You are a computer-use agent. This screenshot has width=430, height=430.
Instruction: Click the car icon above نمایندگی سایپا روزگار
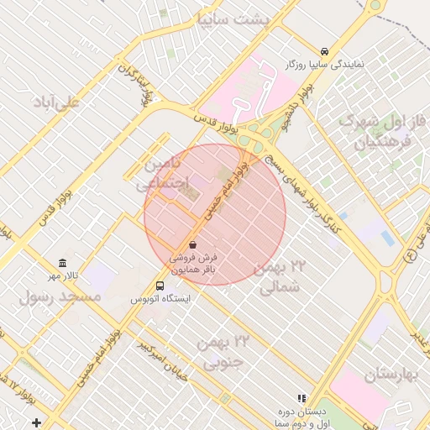click(324, 50)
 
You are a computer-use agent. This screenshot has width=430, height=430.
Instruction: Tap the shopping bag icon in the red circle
click(194, 244)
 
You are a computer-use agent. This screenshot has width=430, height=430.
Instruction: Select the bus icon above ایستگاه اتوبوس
click(160, 285)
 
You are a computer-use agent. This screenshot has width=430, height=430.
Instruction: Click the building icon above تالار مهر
click(62, 263)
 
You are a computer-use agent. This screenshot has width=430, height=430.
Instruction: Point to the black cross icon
click(34, 420)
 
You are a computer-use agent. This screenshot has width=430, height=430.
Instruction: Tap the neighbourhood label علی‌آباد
click(55, 102)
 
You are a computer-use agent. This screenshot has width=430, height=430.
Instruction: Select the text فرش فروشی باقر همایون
click(194, 264)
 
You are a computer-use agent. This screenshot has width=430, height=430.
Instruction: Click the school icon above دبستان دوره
click(301, 398)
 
